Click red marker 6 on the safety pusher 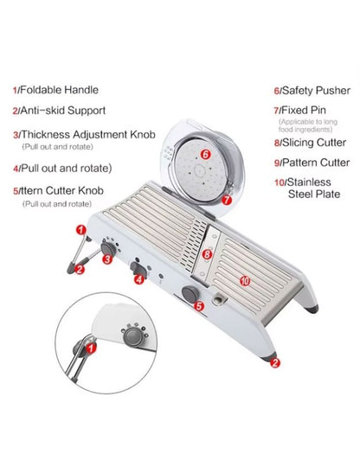tap(205, 154)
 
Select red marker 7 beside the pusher tap(227, 199)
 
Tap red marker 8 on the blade tap(207, 254)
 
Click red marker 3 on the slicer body tap(106, 259)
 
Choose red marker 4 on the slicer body tap(138, 279)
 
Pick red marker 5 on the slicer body tap(198, 305)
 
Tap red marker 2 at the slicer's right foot tap(274, 363)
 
